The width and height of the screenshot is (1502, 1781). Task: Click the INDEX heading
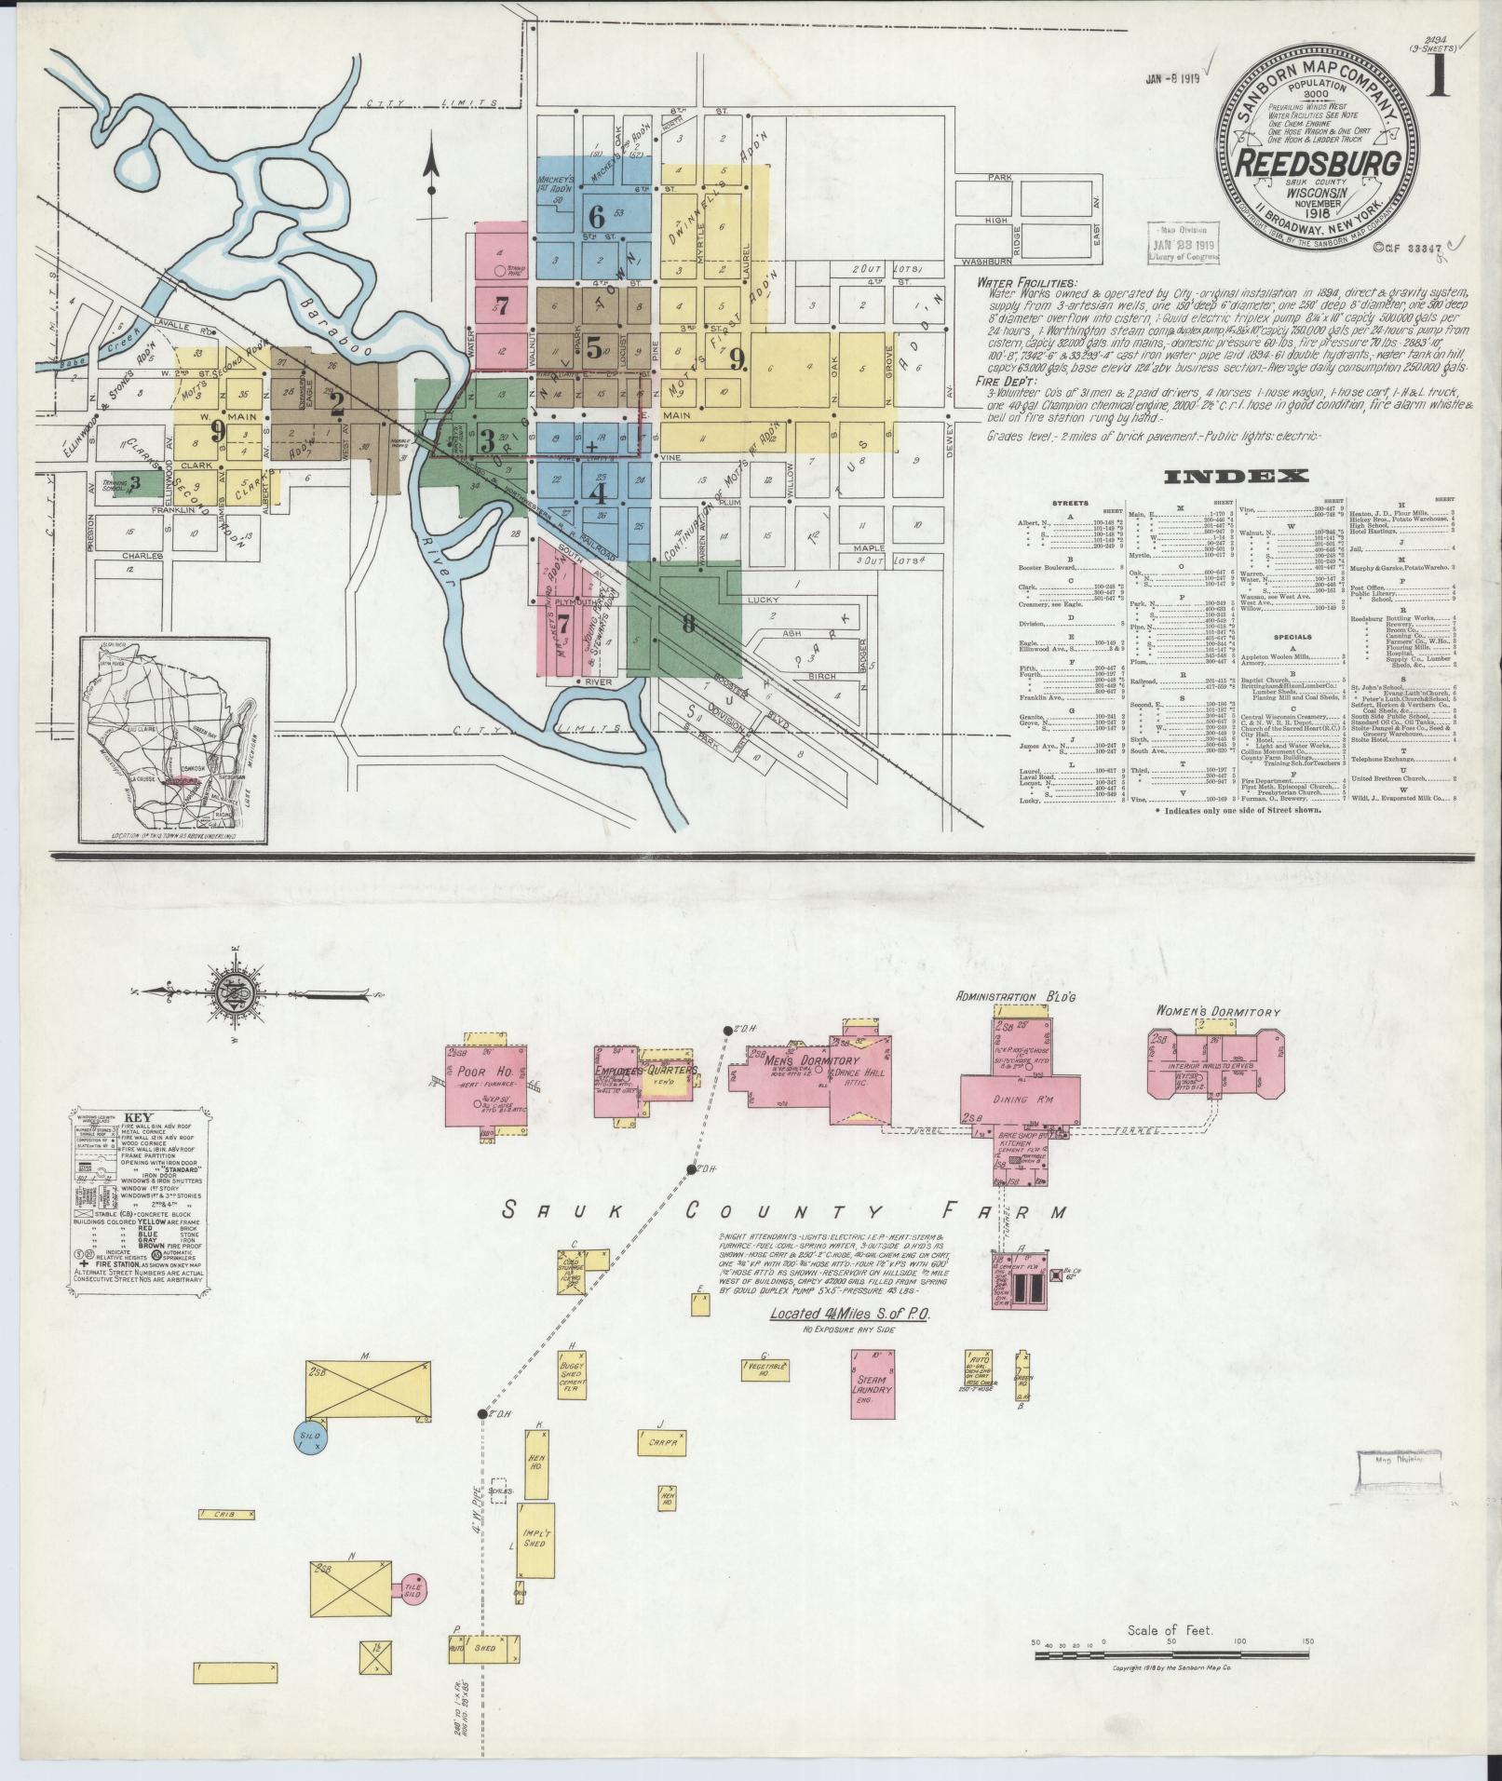1237,477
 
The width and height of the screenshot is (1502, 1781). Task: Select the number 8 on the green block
688,624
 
